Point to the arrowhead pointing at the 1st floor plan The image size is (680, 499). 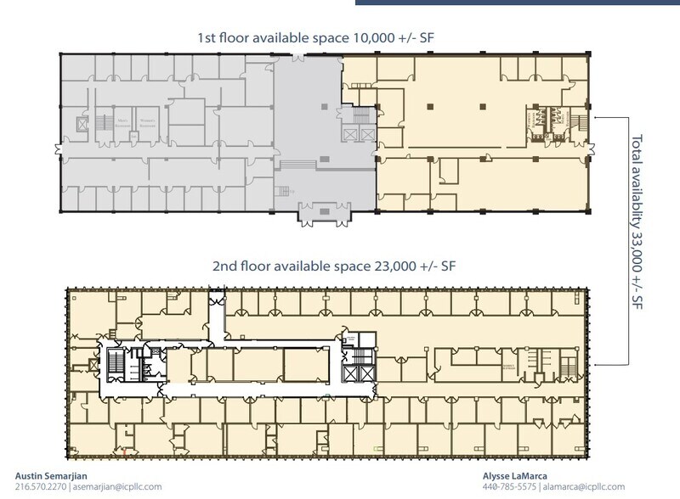pos(601,115)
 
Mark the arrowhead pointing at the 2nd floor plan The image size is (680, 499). pos(601,364)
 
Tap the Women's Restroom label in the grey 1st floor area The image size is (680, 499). pos(150,121)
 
